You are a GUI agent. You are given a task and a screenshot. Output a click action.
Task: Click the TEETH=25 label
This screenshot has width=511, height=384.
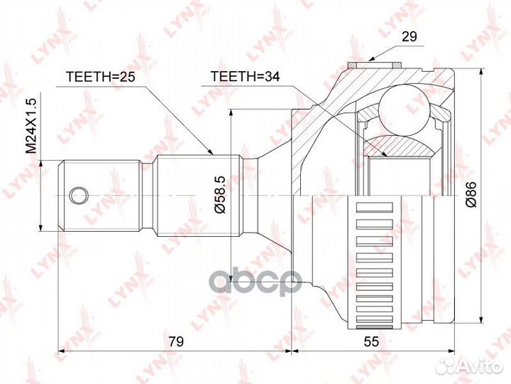click(x=100, y=76)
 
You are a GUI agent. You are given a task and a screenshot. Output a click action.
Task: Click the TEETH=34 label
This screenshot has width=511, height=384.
click(x=245, y=76)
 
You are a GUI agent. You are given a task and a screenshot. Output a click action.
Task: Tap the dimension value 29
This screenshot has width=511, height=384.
click(x=409, y=36)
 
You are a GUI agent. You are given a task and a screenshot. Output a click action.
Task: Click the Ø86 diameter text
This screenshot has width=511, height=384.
click(x=471, y=194)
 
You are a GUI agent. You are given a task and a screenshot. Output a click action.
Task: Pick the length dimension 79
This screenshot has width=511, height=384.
click(x=176, y=341)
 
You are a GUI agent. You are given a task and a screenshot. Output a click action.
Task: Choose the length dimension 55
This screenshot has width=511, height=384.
click(x=371, y=341)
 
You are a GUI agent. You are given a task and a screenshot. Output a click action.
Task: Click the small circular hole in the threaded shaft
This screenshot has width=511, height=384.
click(x=79, y=196)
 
